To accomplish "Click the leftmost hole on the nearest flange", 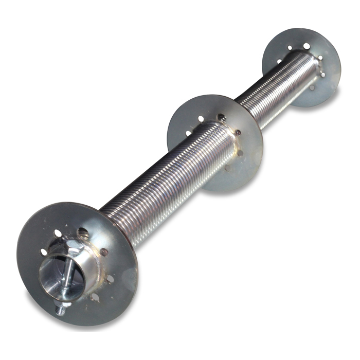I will click(x=43, y=251).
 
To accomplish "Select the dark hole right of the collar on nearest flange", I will click(x=104, y=251).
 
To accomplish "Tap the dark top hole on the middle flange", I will click(x=221, y=117).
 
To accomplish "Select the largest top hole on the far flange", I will click(x=307, y=46).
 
